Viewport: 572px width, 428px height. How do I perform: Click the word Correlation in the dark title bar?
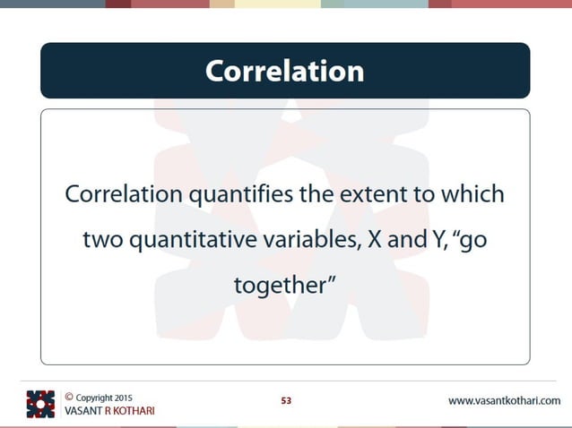pos(284,71)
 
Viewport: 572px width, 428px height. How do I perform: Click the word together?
pos(281,287)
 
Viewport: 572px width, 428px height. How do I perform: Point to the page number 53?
pos(286,400)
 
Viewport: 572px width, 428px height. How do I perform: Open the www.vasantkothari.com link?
pos(504,400)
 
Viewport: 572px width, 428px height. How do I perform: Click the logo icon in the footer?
pos(40,404)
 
